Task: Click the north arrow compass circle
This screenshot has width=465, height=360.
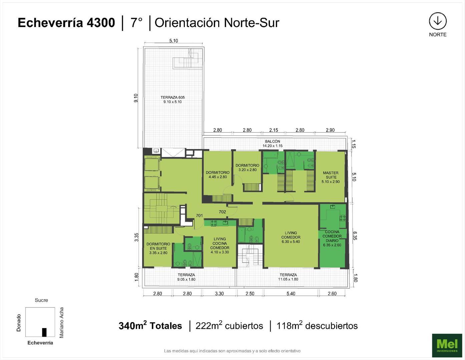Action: coord(437,21)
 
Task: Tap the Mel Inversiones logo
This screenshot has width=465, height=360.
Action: coord(447,345)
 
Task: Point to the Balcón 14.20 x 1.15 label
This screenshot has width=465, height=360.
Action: coord(273,144)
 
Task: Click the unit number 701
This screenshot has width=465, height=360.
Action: coord(199,216)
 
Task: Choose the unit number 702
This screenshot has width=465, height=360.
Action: coord(222,212)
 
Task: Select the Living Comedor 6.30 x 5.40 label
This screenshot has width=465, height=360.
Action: coord(291,237)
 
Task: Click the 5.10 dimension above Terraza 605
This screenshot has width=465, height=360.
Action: coord(173,41)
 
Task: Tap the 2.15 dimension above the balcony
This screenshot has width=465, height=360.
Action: coord(273,130)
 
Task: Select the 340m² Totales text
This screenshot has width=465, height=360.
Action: coord(150,326)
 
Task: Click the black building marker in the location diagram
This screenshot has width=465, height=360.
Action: coord(44,332)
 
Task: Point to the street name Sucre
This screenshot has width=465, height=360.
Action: coord(41,300)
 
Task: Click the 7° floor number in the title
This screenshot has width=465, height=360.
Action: coord(136,23)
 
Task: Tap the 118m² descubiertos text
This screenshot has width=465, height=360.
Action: coord(317,326)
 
